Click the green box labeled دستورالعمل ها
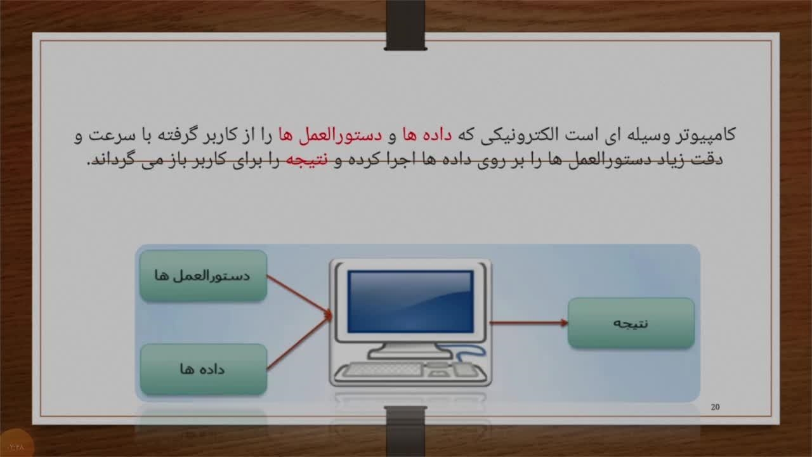tap(204, 275)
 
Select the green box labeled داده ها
tap(204, 369)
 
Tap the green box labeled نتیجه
tap(631, 323)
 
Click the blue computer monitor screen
tap(410, 301)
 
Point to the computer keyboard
tap(383, 370)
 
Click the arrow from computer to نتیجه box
tap(529, 322)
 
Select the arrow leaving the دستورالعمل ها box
tap(299, 295)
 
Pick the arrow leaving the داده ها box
tap(299, 342)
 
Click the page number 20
tap(715, 407)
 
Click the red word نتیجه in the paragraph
tap(306, 159)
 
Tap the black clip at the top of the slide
tap(405, 25)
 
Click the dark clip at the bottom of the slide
tap(405, 431)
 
